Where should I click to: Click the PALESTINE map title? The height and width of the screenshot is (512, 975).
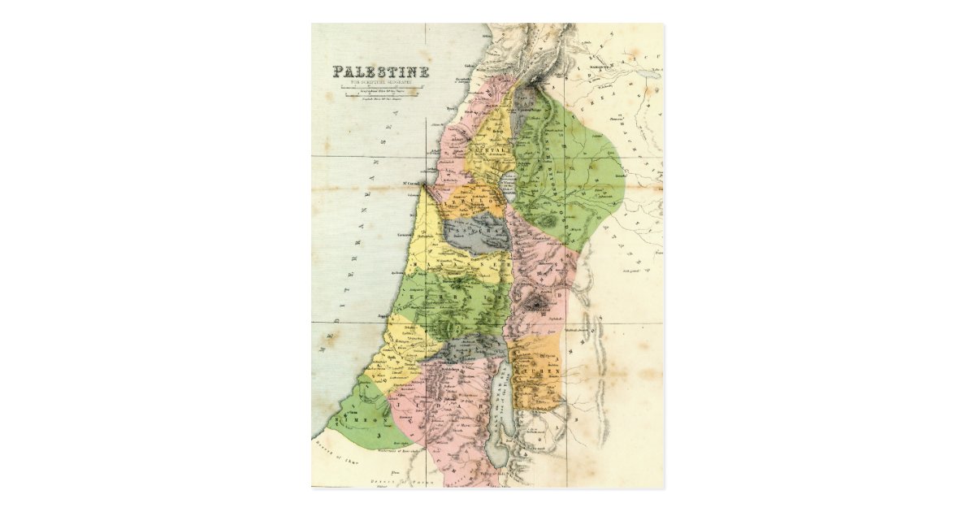(x=380, y=72)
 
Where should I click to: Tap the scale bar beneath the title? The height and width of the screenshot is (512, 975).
(x=380, y=94)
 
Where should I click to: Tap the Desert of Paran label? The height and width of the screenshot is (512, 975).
(x=406, y=479)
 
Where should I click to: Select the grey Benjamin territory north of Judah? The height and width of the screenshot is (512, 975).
(x=467, y=348)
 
